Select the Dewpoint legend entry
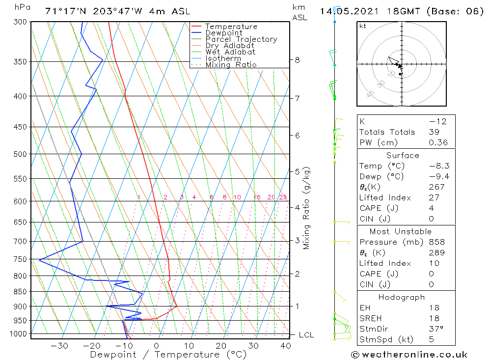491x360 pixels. point(223,33)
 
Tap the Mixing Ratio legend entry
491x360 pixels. point(231,64)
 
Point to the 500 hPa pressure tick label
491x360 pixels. point(20,154)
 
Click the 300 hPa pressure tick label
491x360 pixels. point(20,22)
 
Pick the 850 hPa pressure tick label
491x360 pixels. point(20,292)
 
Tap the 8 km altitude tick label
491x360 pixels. point(297,60)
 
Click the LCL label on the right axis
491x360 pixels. point(306,335)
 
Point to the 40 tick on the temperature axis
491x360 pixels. point(285,346)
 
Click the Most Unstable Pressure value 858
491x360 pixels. point(436,242)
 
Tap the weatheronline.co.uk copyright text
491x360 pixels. point(409,355)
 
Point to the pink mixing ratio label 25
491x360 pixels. point(283,197)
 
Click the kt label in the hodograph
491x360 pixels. point(363,26)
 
